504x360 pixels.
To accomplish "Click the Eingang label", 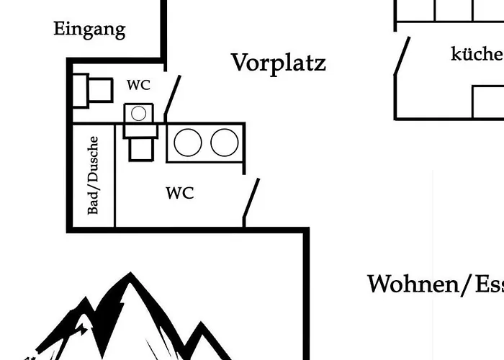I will [x=89, y=30].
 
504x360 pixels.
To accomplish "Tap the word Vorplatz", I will [x=278, y=63].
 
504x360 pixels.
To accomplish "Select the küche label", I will [x=476, y=54].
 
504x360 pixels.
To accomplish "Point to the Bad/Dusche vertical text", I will [x=94, y=176].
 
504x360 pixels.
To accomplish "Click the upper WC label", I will [x=139, y=85].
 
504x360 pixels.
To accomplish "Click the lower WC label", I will [x=179, y=193].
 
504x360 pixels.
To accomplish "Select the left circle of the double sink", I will [x=188, y=143].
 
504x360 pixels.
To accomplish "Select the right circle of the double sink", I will [x=225, y=143].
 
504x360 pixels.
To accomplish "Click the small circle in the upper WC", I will [x=139, y=113].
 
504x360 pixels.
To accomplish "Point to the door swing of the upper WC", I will [x=172, y=96].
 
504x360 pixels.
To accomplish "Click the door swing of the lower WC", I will [x=251, y=202].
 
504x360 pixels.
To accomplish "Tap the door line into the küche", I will [x=402, y=56].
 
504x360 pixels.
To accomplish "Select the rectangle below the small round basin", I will [x=139, y=148].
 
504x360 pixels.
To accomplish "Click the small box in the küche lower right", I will [x=487, y=102].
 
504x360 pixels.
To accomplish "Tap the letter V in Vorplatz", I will [x=240, y=62].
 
